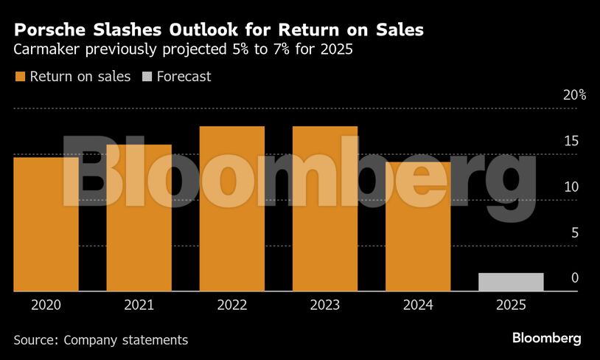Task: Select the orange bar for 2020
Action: (46, 224)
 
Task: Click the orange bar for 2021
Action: (139, 218)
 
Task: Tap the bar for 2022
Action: (231, 209)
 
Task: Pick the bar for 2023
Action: (325, 209)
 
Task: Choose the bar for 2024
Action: (418, 226)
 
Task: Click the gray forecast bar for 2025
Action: (511, 282)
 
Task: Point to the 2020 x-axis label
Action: (46, 304)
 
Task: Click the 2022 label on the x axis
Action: (231, 304)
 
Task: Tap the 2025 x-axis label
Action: (511, 304)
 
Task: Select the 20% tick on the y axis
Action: (574, 95)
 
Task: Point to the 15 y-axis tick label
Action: (571, 141)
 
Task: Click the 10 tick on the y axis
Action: (571, 187)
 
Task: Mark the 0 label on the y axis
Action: (575, 278)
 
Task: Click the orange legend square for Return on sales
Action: (19, 76)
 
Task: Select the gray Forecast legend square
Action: (146, 76)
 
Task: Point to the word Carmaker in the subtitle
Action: (47, 51)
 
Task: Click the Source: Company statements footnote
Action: (100, 340)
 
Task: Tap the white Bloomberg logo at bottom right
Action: (546, 339)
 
